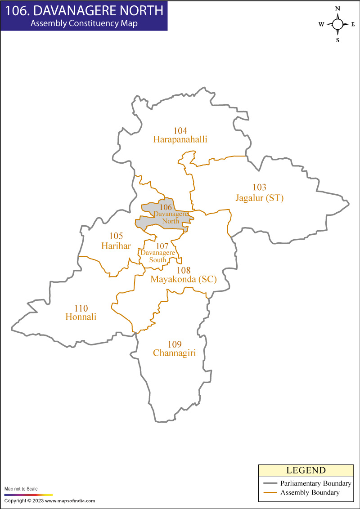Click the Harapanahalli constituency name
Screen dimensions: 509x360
point(180,139)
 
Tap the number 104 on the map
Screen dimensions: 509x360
point(180,131)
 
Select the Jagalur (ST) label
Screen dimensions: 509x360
point(260,197)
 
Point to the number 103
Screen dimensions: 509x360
point(260,188)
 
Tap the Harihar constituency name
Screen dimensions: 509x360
point(116,246)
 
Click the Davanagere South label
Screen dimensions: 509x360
point(157,256)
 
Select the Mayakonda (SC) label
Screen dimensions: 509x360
point(184,279)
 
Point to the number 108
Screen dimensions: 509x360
point(184,270)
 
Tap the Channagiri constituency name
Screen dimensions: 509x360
point(174,353)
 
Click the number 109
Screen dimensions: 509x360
point(174,344)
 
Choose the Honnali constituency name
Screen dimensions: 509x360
point(81,317)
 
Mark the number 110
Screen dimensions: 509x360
point(81,308)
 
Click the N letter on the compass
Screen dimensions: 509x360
point(337,9)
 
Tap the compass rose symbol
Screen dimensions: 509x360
point(337,24)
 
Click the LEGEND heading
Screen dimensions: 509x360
point(306,470)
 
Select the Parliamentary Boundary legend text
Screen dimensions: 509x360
point(315,483)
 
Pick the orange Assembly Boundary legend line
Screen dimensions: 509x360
point(269,493)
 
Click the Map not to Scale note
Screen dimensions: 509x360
point(21,489)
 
